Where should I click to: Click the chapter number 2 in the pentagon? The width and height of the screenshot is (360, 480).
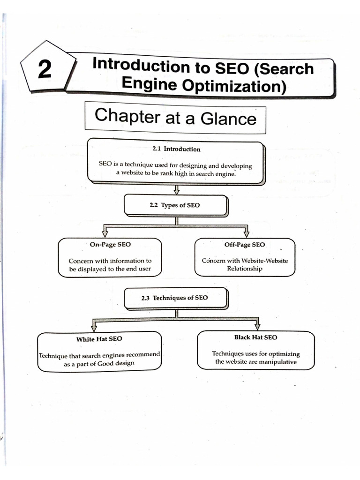coord(45,70)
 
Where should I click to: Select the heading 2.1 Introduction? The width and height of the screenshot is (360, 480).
coord(176,149)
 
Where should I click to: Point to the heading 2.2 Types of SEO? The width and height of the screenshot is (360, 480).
coord(174,205)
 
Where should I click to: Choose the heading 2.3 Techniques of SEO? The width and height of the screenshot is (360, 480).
coord(174,298)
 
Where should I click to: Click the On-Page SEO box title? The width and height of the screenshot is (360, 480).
coord(110,245)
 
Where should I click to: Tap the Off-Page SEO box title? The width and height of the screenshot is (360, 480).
coord(245,245)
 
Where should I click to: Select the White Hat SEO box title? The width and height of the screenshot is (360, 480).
coord(99,338)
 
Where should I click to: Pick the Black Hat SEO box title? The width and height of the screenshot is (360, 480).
coord(255,337)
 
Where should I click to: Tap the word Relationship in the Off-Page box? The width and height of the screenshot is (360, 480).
coord(245,269)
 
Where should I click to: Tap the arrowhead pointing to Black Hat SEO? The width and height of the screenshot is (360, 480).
coord(257,326)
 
